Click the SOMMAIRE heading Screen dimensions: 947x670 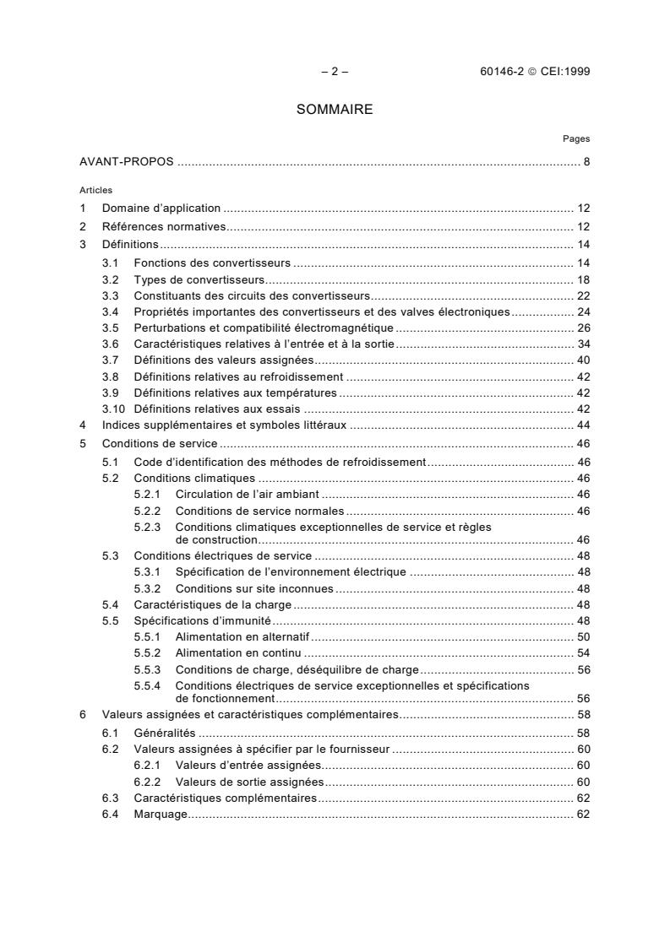[335, 110]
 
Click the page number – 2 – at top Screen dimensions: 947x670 [335, 72]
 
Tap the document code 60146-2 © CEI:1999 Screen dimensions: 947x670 [535, 72]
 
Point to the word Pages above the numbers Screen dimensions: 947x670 [576, 138]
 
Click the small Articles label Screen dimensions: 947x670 [95, 190]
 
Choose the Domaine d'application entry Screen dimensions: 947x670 [161, 208]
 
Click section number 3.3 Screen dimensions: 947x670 [110, 295]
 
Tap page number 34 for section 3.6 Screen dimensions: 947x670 [583, 344]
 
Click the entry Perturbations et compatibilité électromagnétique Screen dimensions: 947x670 [264, 327]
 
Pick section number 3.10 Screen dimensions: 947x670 [112, 409]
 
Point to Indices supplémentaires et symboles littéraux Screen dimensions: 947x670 [224, 425]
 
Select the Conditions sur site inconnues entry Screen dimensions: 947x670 [253, 588]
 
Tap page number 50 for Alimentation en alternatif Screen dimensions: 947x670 [583, 636]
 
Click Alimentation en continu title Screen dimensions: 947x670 [238, 653]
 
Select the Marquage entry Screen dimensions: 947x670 [160, 814]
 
